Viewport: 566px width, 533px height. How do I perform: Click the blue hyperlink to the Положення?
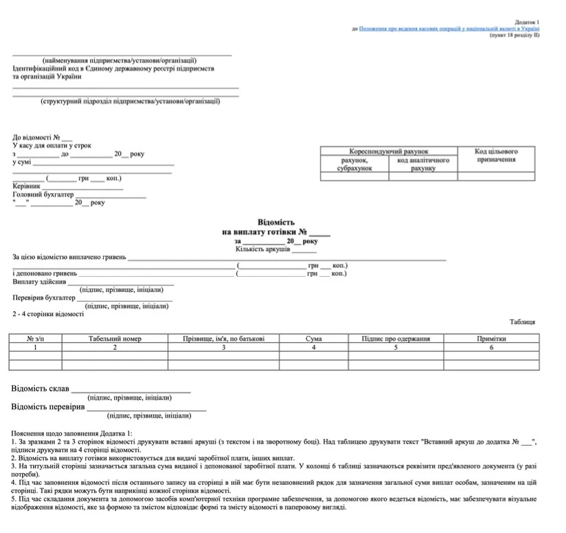[449, 29]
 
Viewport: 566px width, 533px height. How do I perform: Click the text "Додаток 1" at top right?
[527, 22]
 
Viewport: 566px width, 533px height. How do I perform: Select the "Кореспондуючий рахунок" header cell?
[388, 151]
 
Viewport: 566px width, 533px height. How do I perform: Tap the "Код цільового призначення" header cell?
[496, 155]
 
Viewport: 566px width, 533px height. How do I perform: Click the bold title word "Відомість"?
[275, 223]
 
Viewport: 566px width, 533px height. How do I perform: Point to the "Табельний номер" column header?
[115, 339]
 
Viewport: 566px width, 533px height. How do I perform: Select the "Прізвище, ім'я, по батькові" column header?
[223, 339]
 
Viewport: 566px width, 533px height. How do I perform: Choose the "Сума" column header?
[313, 339]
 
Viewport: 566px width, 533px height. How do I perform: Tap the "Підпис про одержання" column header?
[396, 339]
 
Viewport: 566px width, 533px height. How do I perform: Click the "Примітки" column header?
[491, 339]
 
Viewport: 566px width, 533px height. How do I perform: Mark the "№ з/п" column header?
[35, 339]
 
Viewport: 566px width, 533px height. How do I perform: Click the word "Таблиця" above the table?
[522, 321]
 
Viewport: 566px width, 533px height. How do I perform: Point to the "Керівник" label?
[27, 186]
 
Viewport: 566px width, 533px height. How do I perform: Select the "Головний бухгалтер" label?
[43, 194]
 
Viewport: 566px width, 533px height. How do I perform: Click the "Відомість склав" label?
[41, 389]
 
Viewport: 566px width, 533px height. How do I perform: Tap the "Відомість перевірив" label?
[47, 407]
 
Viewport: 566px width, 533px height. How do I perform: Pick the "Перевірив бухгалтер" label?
[44, 298]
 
